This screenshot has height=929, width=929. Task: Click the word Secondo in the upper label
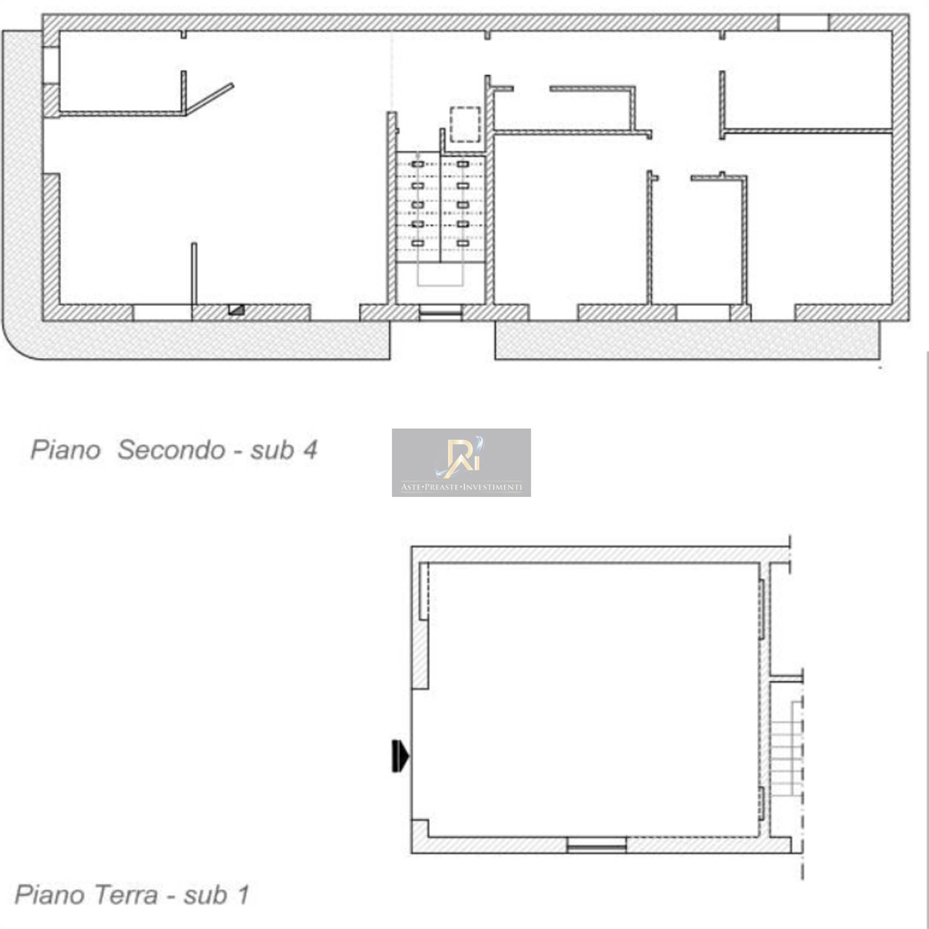click(x=172, y=450)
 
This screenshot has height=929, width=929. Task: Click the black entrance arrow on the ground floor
click(x=401, y=757)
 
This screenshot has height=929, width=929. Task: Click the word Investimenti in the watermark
click(x=494, y=488)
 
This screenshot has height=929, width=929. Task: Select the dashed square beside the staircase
click(x=465, y=124)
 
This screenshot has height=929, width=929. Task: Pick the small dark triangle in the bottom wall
click(x=236, y=309)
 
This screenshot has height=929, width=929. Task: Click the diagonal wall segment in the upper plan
click(x=209, y=99)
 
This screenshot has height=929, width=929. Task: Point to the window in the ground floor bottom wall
click(x=596, y=845)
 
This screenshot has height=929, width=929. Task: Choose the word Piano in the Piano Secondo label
click(x=65, y=450)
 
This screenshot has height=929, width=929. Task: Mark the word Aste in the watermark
click(x=411, y=488)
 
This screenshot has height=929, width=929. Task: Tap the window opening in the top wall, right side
click(x=803, y=23)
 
